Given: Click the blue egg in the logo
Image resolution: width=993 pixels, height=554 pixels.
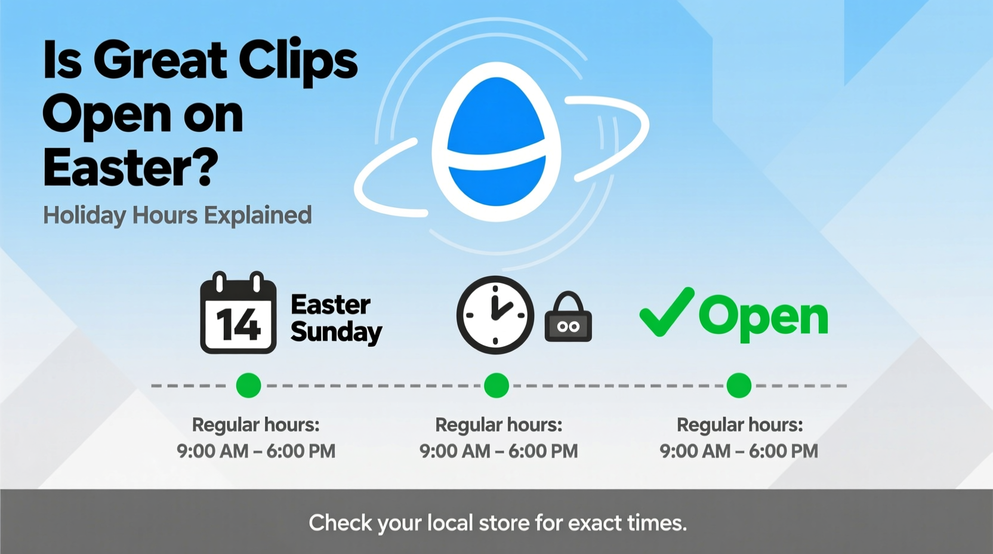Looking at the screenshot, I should pos(496,142).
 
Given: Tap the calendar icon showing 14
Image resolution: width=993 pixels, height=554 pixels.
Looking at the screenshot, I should pos(238,313).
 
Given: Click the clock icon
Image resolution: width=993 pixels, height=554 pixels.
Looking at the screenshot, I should pos(495,315).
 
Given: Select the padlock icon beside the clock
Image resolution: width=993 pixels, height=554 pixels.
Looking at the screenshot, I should pos(568,319).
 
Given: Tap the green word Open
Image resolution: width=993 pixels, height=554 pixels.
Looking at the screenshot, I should pos(763,317).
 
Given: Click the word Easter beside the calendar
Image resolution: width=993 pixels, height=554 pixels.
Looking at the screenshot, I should pos(331,304).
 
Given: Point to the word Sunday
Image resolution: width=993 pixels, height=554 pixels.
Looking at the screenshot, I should pos(337,332).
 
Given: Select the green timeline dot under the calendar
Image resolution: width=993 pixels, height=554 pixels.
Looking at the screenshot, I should pos(248,385).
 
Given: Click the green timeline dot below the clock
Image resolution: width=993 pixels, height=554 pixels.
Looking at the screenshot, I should pos(496,385).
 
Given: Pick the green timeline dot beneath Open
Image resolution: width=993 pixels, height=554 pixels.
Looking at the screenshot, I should pos(739,385).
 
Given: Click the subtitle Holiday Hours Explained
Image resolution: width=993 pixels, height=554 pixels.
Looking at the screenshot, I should pos(177,216).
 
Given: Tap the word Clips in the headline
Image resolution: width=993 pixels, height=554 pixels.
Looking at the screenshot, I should pos(298,61).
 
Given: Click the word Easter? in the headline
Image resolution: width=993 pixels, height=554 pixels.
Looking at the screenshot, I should pos(131,168).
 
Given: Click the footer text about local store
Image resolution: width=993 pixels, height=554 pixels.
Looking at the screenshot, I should pos(498,523).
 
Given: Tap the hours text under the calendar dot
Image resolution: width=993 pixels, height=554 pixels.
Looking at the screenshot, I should pos(256,450).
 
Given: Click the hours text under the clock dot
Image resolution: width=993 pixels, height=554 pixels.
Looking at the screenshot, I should pos(498,450).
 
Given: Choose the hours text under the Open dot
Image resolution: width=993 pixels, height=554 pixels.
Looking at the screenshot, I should pos(739,450).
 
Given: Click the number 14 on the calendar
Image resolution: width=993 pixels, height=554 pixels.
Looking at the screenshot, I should pos(238,325).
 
